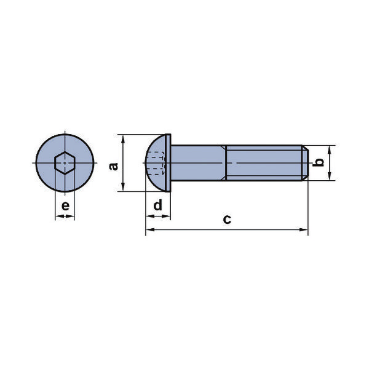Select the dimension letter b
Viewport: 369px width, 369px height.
pos(319,162)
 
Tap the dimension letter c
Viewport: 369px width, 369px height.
pos(227,220)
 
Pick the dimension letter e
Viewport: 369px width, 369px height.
pos(65,205)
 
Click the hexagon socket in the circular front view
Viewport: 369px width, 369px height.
pos(65,163)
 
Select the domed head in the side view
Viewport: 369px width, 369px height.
pos(157,163)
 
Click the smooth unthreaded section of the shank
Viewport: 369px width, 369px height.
pos(197,163)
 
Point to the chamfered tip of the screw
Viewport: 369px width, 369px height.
pos(304,163)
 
